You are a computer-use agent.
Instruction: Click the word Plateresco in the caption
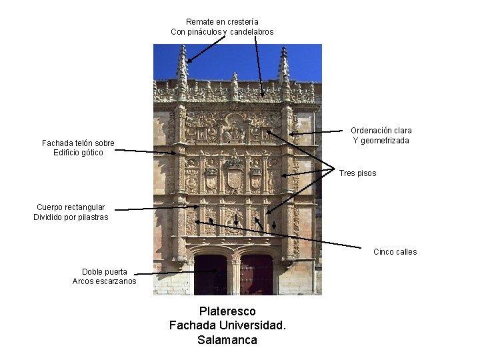coord(227,311)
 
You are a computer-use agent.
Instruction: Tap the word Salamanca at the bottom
coord(227,339)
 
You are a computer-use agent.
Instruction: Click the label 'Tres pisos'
coord(357,173)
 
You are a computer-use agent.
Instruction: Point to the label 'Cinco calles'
coord(395,251)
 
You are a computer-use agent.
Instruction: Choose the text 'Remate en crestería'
coord(222,22)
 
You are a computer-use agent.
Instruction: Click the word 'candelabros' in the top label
coord(251,32)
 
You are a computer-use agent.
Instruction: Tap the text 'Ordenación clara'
coord(381,131)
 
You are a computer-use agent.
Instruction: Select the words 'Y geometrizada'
coord(381,141)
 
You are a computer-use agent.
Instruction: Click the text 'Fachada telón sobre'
coord(78,143)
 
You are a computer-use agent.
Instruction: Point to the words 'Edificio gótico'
coord(78,153)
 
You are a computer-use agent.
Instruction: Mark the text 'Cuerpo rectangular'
coord(71,207)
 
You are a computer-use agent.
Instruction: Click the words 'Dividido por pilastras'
coord(71,217)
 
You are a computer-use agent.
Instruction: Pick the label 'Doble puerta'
coord(105,271)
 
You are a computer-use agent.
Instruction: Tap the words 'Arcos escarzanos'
coord(105,281)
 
